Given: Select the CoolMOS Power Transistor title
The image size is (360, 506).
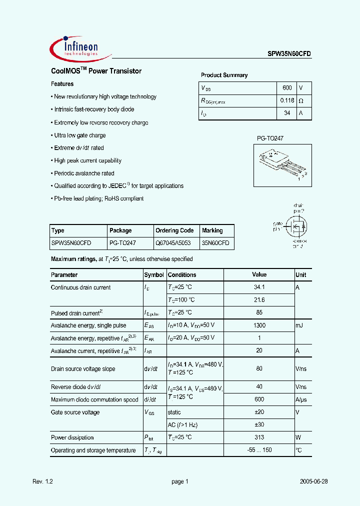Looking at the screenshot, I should (x=96, y=71).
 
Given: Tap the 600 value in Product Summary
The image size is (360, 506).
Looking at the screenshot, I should (x=287, y=88).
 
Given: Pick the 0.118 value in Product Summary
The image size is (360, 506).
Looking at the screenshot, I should (x=287, y=100).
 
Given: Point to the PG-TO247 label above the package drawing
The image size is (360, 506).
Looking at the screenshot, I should (x=270, y=138).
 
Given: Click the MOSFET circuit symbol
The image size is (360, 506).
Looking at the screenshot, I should (x=295, y=225).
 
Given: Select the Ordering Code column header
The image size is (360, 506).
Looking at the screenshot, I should (x=174, y=230).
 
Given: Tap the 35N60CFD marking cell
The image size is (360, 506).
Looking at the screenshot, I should (x=215, y=242).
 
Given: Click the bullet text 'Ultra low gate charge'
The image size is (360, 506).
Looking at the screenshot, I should (x=79, y=135).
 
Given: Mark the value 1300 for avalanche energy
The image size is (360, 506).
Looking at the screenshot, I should (x=259, y=325).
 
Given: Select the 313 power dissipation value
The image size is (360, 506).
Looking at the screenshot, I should (x=259, y=437).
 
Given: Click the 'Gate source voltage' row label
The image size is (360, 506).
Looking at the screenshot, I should (x=75, y=412).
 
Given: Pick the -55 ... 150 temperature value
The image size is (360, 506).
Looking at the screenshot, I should (x=259, y=450).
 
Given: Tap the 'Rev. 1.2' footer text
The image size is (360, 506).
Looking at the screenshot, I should (x=42, y=481).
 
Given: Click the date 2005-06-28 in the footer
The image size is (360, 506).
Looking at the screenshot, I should (x=313, y=481).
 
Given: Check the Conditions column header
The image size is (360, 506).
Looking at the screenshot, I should (x=182, y=275).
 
